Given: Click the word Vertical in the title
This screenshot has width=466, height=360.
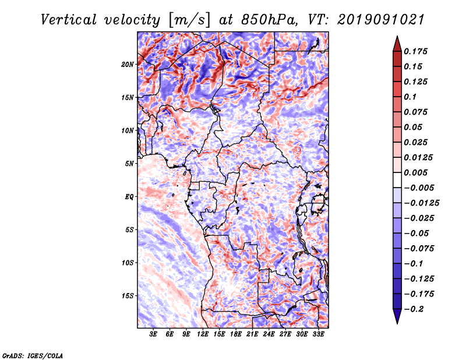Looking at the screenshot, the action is pos(69,20).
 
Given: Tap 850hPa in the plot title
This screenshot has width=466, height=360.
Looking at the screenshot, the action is pos(269,20).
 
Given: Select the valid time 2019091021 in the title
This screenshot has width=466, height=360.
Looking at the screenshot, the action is pos(381,20).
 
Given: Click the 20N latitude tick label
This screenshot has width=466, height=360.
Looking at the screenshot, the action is pos(128,65).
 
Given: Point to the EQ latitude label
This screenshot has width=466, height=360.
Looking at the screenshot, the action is pos(129,197).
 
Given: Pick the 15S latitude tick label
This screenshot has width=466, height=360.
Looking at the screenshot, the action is pos(128,296).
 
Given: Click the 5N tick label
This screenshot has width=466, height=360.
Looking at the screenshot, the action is pos(129,164).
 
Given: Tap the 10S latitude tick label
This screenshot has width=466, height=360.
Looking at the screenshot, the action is pos(128,263).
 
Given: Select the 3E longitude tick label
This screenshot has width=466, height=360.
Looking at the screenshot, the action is pos(153,334).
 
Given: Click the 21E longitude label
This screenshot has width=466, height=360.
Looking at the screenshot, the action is pos(252,334).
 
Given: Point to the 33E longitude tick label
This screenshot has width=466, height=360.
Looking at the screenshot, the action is pos(318,334).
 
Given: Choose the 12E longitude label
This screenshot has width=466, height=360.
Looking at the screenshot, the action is pos(203,334).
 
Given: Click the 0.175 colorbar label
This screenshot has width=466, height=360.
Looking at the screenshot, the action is pos(415,51).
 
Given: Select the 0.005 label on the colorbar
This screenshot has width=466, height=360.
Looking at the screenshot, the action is pos(415,172).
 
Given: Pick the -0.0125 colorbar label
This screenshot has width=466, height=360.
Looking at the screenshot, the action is pos(421,203).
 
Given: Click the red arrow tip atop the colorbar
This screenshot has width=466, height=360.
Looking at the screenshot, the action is pos(397,36).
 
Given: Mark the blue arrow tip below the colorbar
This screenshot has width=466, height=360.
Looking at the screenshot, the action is pos(397,324).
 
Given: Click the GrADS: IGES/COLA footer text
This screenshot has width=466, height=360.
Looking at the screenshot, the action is pos(33,356).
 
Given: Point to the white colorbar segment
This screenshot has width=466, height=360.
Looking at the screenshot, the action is pos(397,180).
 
